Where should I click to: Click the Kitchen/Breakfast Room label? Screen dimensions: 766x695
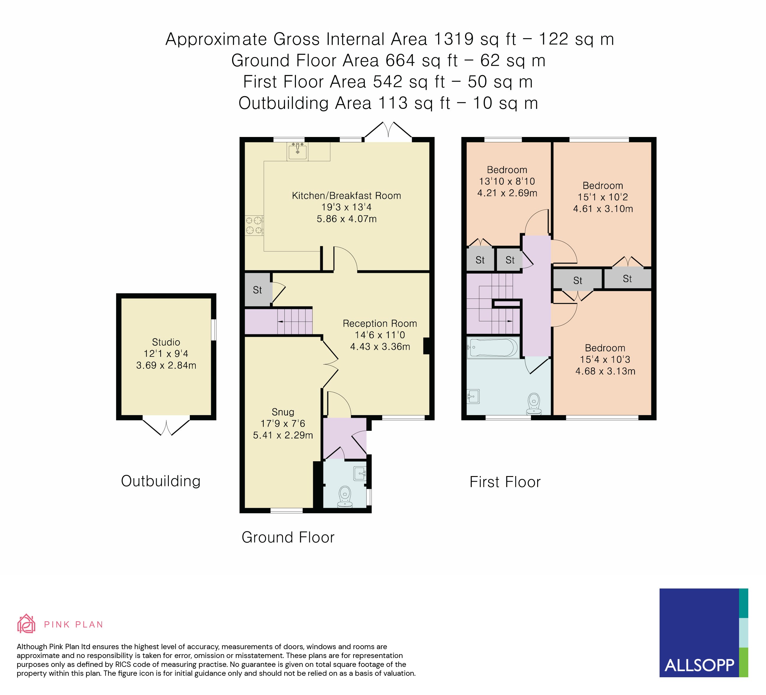point(346,196)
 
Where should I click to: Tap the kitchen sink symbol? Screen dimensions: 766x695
point(297,151)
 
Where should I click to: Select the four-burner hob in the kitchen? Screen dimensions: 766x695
point(254,225)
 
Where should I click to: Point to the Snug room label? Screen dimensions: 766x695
point(283,412)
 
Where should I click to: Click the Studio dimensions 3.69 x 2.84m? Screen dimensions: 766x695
point(166,365)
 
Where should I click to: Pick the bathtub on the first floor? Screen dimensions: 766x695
point(493,347)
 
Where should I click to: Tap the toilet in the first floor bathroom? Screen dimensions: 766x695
point(534,403)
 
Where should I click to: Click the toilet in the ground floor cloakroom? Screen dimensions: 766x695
point(345,496)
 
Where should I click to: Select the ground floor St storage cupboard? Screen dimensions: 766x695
point(258,290)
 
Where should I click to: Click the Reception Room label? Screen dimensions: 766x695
point(380,324)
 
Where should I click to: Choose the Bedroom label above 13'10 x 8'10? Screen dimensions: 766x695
point(507,170)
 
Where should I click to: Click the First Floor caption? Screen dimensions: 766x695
point(505,482)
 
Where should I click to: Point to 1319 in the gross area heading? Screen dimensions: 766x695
point(454,39)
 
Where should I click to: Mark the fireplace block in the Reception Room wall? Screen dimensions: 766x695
point(426,346)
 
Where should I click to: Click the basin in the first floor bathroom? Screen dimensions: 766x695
point(473,396)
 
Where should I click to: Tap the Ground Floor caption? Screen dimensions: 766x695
point(288,537)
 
